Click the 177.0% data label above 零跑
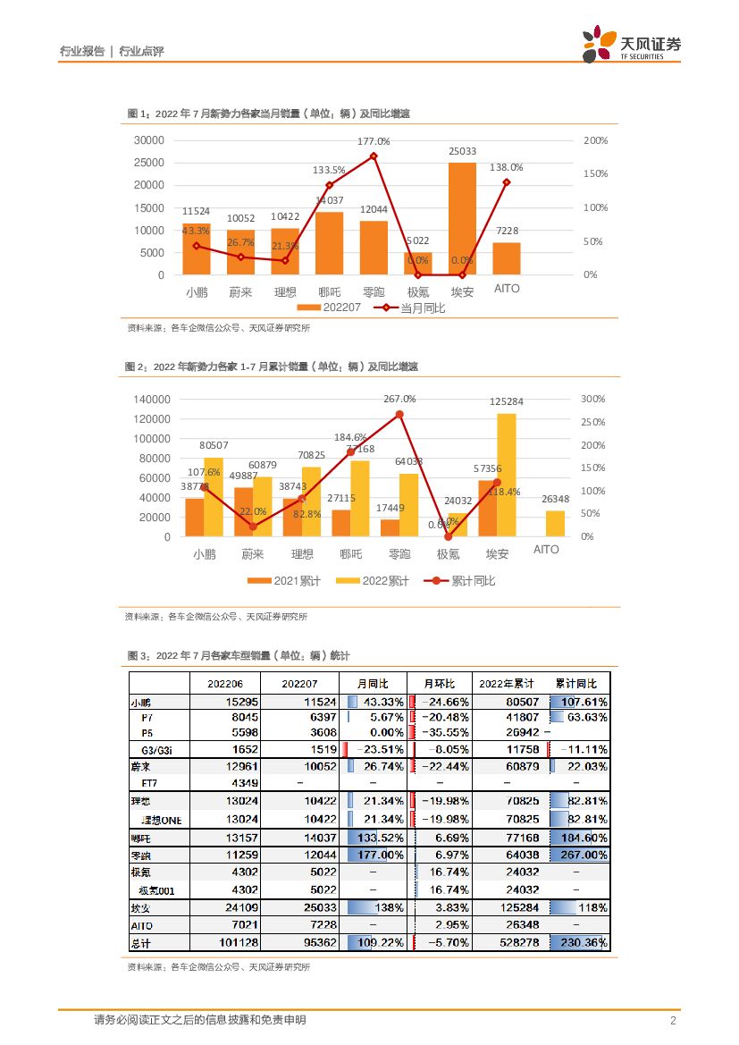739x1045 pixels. click(374, 141)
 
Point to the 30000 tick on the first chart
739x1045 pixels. click(148, 140)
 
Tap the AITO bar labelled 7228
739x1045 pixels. click(507, 258)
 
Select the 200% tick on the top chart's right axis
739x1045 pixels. click(595, 140)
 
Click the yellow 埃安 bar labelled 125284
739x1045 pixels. click(507, 475)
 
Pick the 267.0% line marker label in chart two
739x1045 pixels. click(399, 399)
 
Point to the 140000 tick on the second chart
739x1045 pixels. click(151, 400)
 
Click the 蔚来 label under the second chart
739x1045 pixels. click(253, 554)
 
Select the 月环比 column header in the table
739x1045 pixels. click(439, 683)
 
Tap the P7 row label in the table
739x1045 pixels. click(148, 717)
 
